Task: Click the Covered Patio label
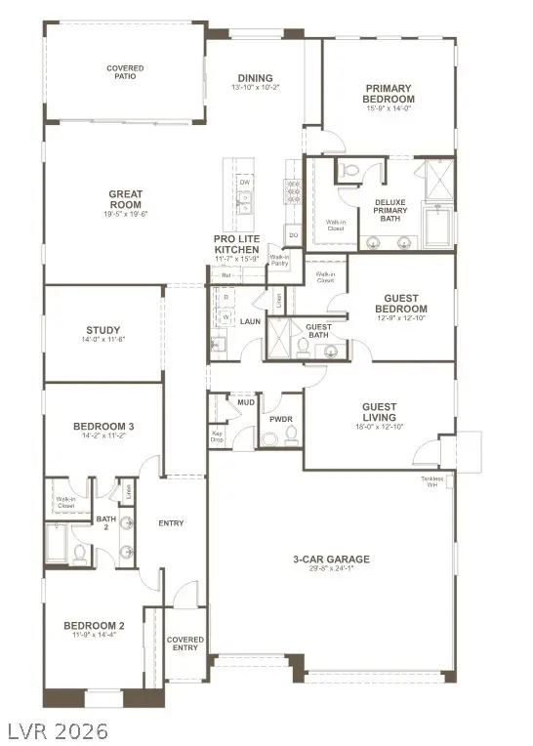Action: coord(125,72)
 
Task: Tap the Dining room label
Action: coord(255,79)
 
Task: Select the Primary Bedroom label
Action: coord(388,94)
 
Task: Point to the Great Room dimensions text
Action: coord(127,214)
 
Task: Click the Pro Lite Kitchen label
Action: coord(236,244)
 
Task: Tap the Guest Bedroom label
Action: coord(400,303)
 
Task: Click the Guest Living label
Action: coord(379,412)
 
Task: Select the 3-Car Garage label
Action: coord(331,559)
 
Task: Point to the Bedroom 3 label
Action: coord(103,426)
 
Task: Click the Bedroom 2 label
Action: coord(94,626)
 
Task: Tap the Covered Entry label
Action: coord(184,642)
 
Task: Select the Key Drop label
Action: coord(218,437)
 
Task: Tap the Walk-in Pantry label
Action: coord(279,261)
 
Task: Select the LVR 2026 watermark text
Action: coord(56,730)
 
